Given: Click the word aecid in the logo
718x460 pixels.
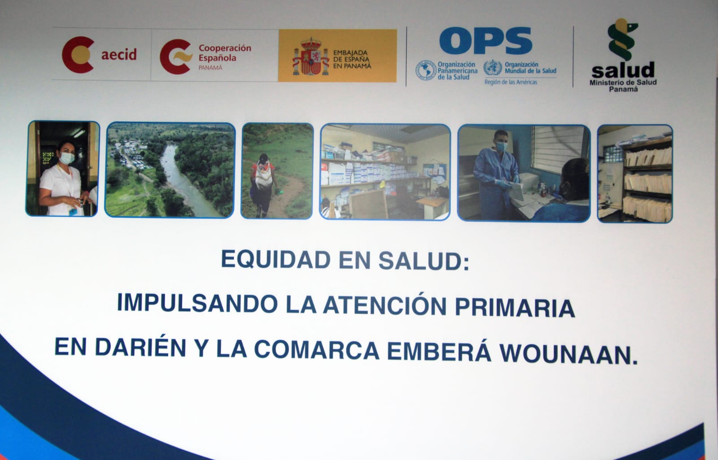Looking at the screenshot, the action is coord(119,54).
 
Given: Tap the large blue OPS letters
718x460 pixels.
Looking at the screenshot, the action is coord(486,41).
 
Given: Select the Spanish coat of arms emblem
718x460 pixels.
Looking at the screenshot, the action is coord(311,56).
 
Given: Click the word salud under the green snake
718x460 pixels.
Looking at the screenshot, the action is coord(623,70).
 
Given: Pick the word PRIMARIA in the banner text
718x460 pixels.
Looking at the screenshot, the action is coord(515,308).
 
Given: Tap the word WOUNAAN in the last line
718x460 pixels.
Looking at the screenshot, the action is coord(569,354).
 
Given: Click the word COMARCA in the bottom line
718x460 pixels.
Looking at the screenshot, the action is coord(317,350).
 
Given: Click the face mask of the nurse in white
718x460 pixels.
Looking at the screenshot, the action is coord(67,158).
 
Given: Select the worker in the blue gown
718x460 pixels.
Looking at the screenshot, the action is coord(495,176).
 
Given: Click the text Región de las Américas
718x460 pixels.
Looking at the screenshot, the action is coord(511,82).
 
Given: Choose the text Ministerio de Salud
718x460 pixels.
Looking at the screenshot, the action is coord(623,82).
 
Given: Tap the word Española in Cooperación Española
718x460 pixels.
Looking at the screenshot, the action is coord(217,58).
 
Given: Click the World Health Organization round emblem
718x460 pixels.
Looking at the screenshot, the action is coord(493,68).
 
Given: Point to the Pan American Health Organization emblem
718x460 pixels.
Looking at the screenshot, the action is coord(426,70).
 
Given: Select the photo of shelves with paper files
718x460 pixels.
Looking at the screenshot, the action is coord(635,174).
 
